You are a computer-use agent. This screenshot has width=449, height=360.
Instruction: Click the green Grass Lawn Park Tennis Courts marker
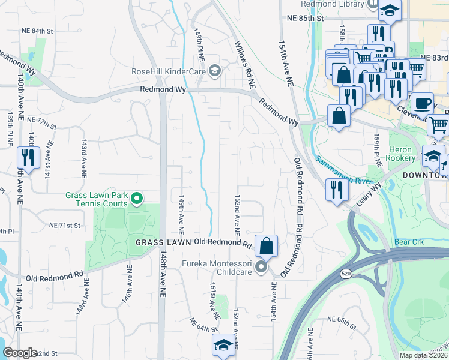coord(137,197)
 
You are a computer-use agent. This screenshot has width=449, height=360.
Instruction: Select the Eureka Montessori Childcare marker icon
coord(261,266)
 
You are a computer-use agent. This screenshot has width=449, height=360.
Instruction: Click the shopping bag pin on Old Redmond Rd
coord(266,246)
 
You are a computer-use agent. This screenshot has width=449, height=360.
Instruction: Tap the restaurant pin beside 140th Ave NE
coord(28,158)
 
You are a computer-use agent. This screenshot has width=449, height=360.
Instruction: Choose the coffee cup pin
coord(422,103)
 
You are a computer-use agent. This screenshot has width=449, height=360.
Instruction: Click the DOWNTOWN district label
coord(423,174)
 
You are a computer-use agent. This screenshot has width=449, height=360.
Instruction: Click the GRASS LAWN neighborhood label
coord(163,242)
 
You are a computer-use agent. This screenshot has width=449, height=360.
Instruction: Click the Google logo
coord(20,353)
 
